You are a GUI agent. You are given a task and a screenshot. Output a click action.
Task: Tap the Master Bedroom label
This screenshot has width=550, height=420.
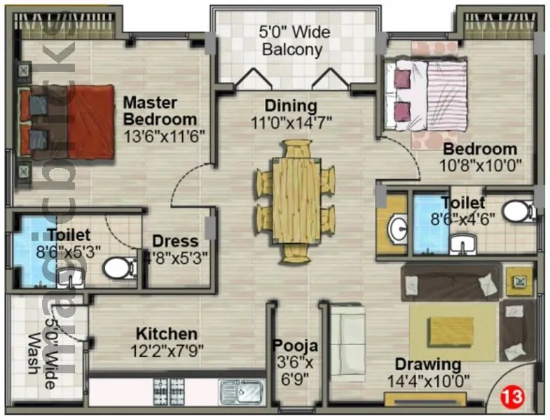pos(160,111)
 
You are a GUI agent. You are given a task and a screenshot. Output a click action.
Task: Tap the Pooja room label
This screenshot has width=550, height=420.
pos(295,346)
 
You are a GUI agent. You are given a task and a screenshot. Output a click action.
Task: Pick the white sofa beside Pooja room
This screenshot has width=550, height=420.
pos(348,341)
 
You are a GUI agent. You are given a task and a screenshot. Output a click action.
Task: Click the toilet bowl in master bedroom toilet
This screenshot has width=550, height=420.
pos(119,267)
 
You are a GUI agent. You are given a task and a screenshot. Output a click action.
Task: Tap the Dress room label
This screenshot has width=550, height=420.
pos(175,242)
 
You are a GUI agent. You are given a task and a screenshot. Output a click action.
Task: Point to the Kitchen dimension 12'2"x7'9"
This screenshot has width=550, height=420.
pos(166,350)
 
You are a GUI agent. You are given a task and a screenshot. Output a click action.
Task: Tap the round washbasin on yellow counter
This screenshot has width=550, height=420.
pos(398,228)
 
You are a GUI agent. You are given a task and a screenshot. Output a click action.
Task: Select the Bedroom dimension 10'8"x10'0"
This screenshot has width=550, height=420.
pos(480,166)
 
